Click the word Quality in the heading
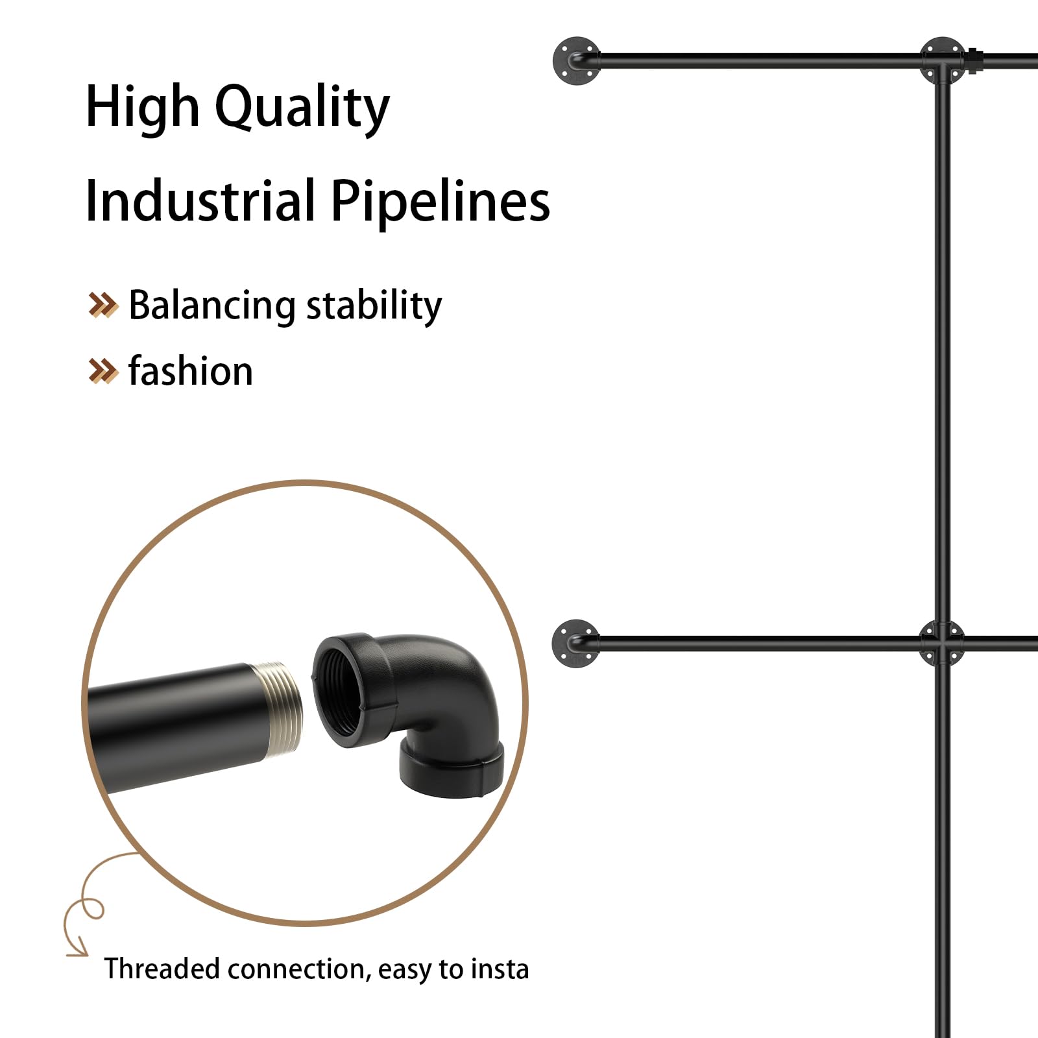(x=302, y=108)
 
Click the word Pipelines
(x=441, y=202)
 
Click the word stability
(x=374, y=306)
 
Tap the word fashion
(x=191, y=371)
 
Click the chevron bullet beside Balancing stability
(x=103, y=305)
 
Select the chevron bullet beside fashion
(x=103, y=371)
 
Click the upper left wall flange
(x=576, y=62)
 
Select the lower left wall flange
(x=575, y=643)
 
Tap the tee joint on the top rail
(x=943, y=62)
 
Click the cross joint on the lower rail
(x=943, y=643)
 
